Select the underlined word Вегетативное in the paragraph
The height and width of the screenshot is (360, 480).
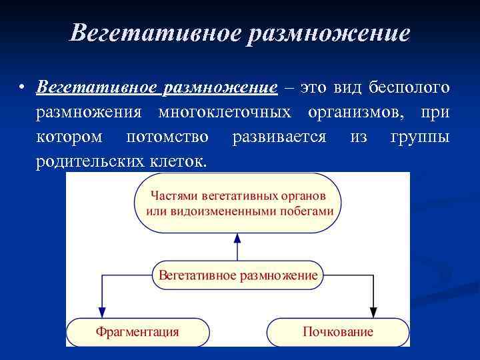pos(91,88)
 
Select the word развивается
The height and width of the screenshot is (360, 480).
pos(279,137)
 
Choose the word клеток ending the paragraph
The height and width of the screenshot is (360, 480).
pos(181,161)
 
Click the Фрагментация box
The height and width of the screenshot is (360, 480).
pos(137,332)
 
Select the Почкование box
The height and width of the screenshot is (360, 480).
pos(338,332)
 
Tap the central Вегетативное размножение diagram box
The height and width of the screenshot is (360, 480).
pos(238,275)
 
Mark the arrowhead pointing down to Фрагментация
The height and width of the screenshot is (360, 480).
pos(102,311)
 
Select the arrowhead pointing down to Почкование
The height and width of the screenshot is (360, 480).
pos(373,311)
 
